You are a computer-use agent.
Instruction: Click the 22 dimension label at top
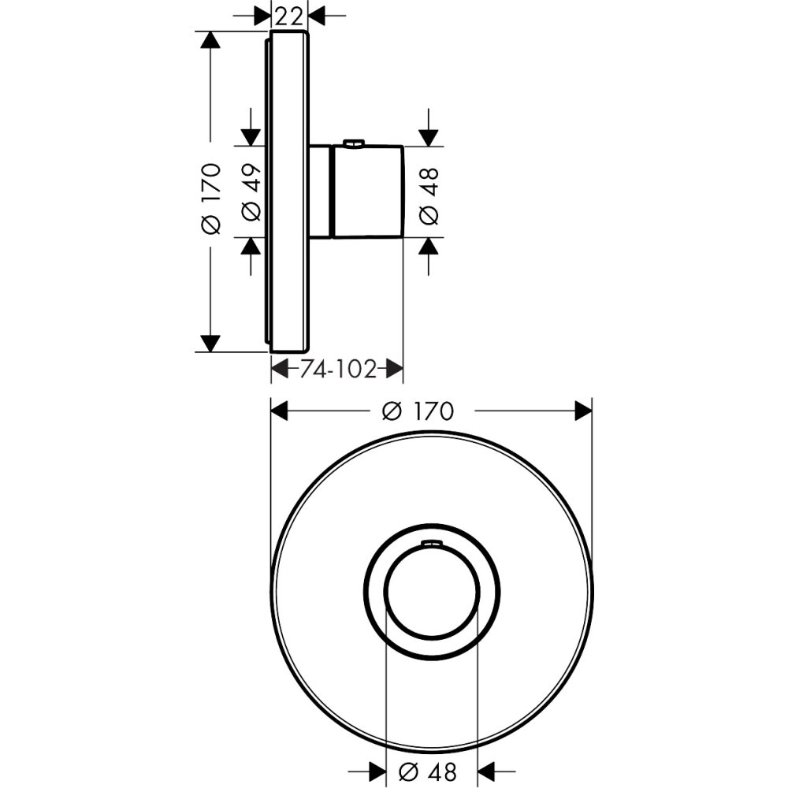289,14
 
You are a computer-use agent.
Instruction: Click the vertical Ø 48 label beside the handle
429,191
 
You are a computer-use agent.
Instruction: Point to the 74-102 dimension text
338,368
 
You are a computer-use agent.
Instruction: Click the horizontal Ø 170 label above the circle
417,411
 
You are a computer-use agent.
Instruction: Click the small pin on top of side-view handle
354,143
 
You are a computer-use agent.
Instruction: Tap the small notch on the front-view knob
431,542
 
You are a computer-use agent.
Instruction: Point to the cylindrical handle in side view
369,191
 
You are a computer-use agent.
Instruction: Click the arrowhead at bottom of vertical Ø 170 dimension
210,343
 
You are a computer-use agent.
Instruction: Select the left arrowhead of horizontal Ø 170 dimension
281,411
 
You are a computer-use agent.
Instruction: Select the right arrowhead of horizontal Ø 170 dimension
583,411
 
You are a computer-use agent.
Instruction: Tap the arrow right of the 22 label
317,14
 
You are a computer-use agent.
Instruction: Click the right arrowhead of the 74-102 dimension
395,368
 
